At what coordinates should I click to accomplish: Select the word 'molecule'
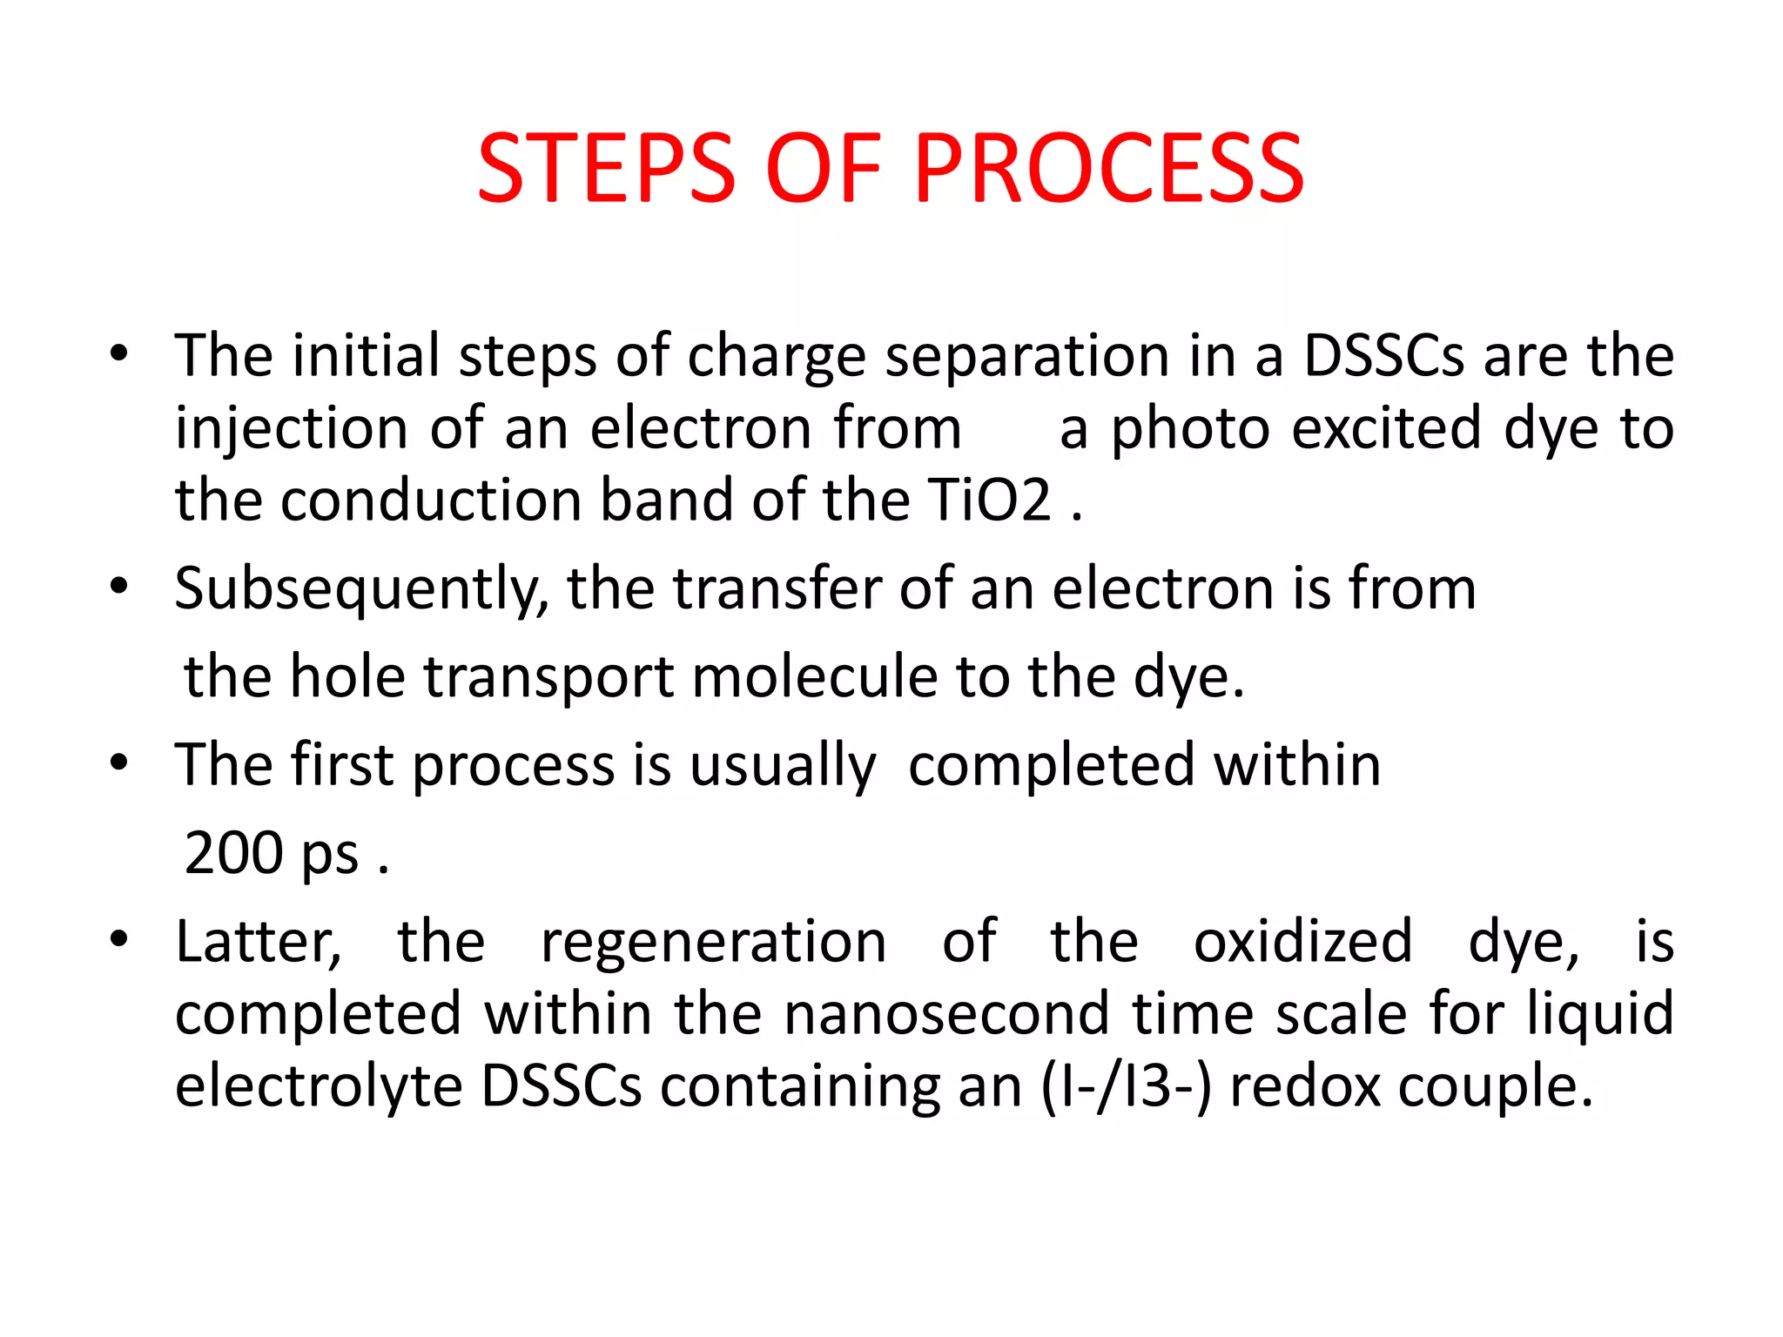click(x=813, y=676)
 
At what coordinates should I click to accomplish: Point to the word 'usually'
click(x=783, y=766)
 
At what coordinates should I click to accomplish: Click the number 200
click(x=234, y=852)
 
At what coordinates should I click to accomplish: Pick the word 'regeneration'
click(x=713, y=944)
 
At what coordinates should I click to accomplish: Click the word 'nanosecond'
click(x=946, y=1014)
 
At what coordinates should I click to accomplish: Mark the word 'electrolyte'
click(x=319, y=1087)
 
